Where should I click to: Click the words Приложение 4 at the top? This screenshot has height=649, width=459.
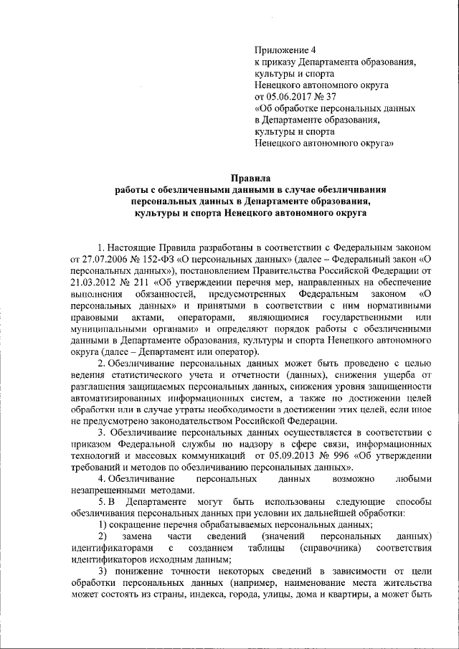click(x=285, y=49)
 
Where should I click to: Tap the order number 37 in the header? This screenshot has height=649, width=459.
click(x=331, y=96)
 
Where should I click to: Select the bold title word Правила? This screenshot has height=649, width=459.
click(x=251, y=177)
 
